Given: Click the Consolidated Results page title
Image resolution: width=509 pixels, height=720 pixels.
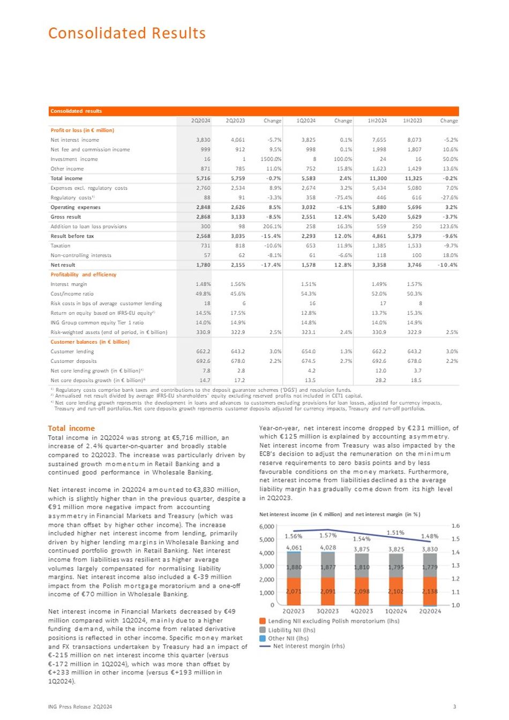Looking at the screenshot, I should (127, 33).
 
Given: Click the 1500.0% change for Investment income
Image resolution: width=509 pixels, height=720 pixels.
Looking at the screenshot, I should (272, 159).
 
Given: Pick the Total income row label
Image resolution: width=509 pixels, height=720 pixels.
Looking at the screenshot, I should (66, 178).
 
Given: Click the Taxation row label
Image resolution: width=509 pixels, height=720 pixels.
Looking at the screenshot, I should (61, 246).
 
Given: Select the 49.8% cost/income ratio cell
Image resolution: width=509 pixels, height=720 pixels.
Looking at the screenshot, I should (203, 294).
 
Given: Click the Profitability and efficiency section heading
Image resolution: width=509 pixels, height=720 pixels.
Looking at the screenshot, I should (83, 275).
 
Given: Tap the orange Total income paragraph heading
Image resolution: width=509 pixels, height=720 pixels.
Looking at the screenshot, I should (71, 428).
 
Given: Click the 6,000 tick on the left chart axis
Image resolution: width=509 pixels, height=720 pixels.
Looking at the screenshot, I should (266, 527).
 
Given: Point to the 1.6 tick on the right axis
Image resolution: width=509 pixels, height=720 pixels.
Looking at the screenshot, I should (455, 526).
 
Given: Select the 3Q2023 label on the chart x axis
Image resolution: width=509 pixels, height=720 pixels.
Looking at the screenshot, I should (327, 611).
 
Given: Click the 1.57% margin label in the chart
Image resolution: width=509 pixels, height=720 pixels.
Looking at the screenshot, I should (327, 535).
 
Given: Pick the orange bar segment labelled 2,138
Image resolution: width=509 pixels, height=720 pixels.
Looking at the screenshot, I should (430, 592).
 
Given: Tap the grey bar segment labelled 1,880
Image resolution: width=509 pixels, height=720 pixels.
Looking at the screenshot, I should (294, 567).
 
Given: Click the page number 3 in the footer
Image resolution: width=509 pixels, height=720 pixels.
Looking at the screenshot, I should (454, 707).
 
